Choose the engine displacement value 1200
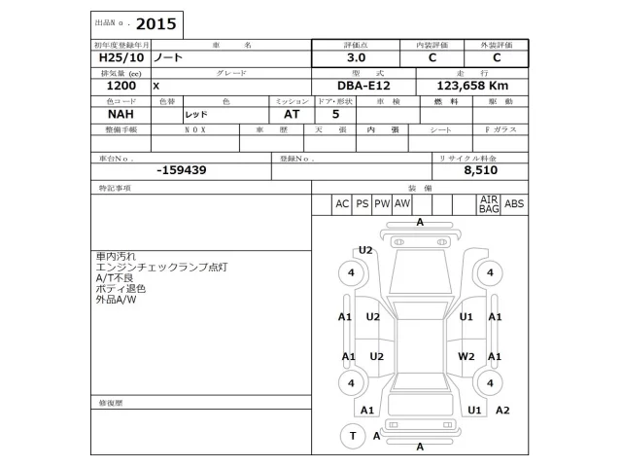[107, 86]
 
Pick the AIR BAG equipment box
[488, 204]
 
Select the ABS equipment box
[514, 204]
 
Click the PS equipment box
[362, 204]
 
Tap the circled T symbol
[351, 436]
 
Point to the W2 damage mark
[466, 356]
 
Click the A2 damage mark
[501, 410]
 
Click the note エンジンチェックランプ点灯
[162, 267]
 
